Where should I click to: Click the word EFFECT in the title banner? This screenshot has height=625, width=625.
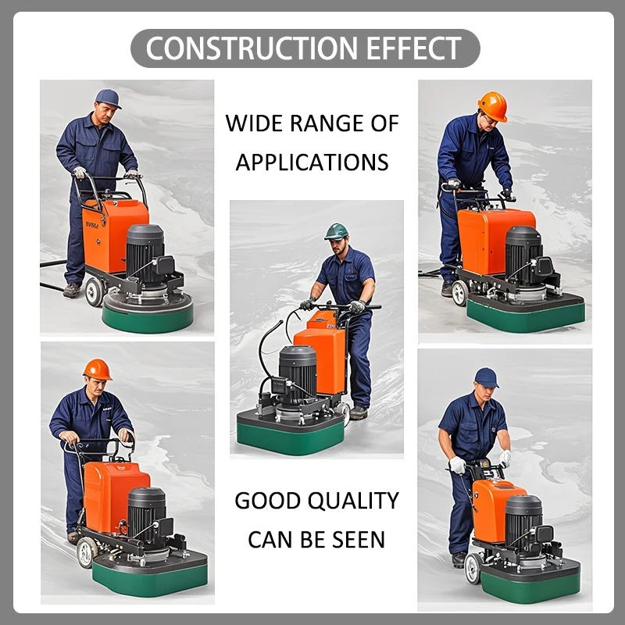click(415, 48)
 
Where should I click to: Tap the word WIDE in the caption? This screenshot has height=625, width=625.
click(255, 123)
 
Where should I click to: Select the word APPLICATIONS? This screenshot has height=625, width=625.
click(312, 162)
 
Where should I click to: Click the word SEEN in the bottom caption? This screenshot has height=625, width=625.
click(356, 539)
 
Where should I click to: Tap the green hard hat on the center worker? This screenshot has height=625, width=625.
click(336, 231)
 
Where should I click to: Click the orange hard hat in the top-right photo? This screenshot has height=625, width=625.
click(492, 105)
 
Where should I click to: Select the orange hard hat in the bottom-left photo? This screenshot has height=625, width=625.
click(97, 369)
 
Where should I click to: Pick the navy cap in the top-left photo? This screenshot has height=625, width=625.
click(108, 98)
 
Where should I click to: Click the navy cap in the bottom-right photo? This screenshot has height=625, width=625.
click(486, 377)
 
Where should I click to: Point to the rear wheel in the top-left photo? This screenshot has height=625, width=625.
click(95, 291)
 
